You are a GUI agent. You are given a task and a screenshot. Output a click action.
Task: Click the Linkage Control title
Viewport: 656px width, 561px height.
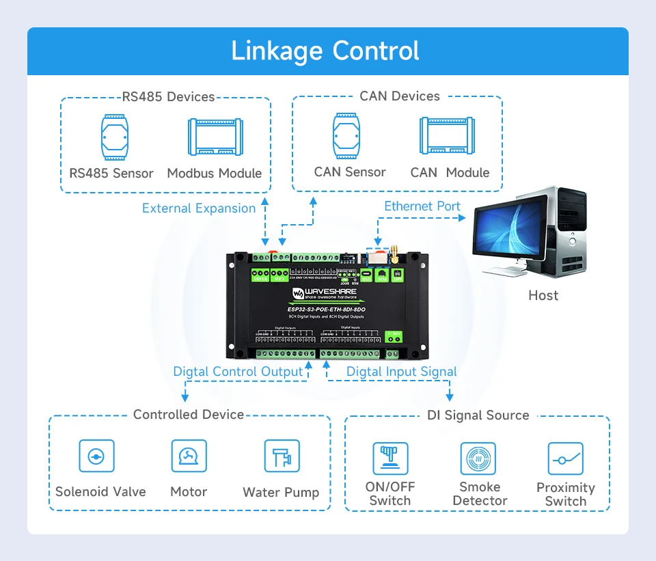(325, 51)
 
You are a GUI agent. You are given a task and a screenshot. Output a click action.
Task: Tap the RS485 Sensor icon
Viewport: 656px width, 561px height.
(113, 136)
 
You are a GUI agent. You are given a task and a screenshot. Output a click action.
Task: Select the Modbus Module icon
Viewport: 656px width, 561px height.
(216, 137)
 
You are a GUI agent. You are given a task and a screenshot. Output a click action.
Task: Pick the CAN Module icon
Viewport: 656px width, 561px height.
(448, 135)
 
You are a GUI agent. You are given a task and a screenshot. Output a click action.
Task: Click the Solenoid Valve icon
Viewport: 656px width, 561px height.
(97, 456)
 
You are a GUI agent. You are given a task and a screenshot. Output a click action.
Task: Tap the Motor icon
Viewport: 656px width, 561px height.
(189, 456)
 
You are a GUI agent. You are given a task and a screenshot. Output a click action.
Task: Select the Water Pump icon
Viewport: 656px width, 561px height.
(282, 456)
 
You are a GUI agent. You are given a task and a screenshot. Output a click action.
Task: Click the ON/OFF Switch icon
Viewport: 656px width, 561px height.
(390, 459)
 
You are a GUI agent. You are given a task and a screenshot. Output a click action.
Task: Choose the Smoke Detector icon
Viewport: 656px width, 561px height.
(478, 459)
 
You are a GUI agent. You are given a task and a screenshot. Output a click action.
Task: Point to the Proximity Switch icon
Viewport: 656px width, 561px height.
(565, 459)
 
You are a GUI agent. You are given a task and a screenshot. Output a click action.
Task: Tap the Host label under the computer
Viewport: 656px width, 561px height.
(543, 295)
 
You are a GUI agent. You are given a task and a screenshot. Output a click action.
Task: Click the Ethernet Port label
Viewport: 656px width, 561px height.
(422, 206)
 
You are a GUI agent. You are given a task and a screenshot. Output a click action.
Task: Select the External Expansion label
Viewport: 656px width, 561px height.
(199, 208)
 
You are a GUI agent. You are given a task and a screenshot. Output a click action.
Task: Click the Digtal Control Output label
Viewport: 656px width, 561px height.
(238, 372)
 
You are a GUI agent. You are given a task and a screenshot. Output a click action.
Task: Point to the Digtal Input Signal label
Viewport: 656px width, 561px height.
(402, 372)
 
